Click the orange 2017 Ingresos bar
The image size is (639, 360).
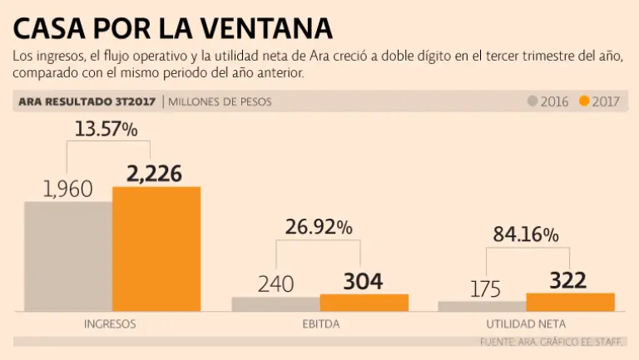[x=156, y=249]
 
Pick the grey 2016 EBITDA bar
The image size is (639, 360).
[x=275, y=304]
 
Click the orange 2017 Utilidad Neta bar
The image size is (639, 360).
[x=570, y=302]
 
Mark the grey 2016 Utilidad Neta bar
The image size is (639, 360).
[x=482, y=306]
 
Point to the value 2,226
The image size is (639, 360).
[x=154, y=174]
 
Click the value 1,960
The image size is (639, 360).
[x=68, y=189]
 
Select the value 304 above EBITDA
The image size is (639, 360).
[x=363, y=282]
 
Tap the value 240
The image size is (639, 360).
[x=275, y=284]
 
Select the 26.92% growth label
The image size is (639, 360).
[x=319, y=227]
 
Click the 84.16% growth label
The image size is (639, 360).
[x=525, y=234]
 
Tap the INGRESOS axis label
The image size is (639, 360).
[x=110, y=323]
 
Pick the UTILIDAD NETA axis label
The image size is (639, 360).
[x=525, y=323]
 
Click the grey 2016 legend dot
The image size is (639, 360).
[x=533, y=101]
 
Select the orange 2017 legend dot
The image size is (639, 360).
[x=584, y=101]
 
